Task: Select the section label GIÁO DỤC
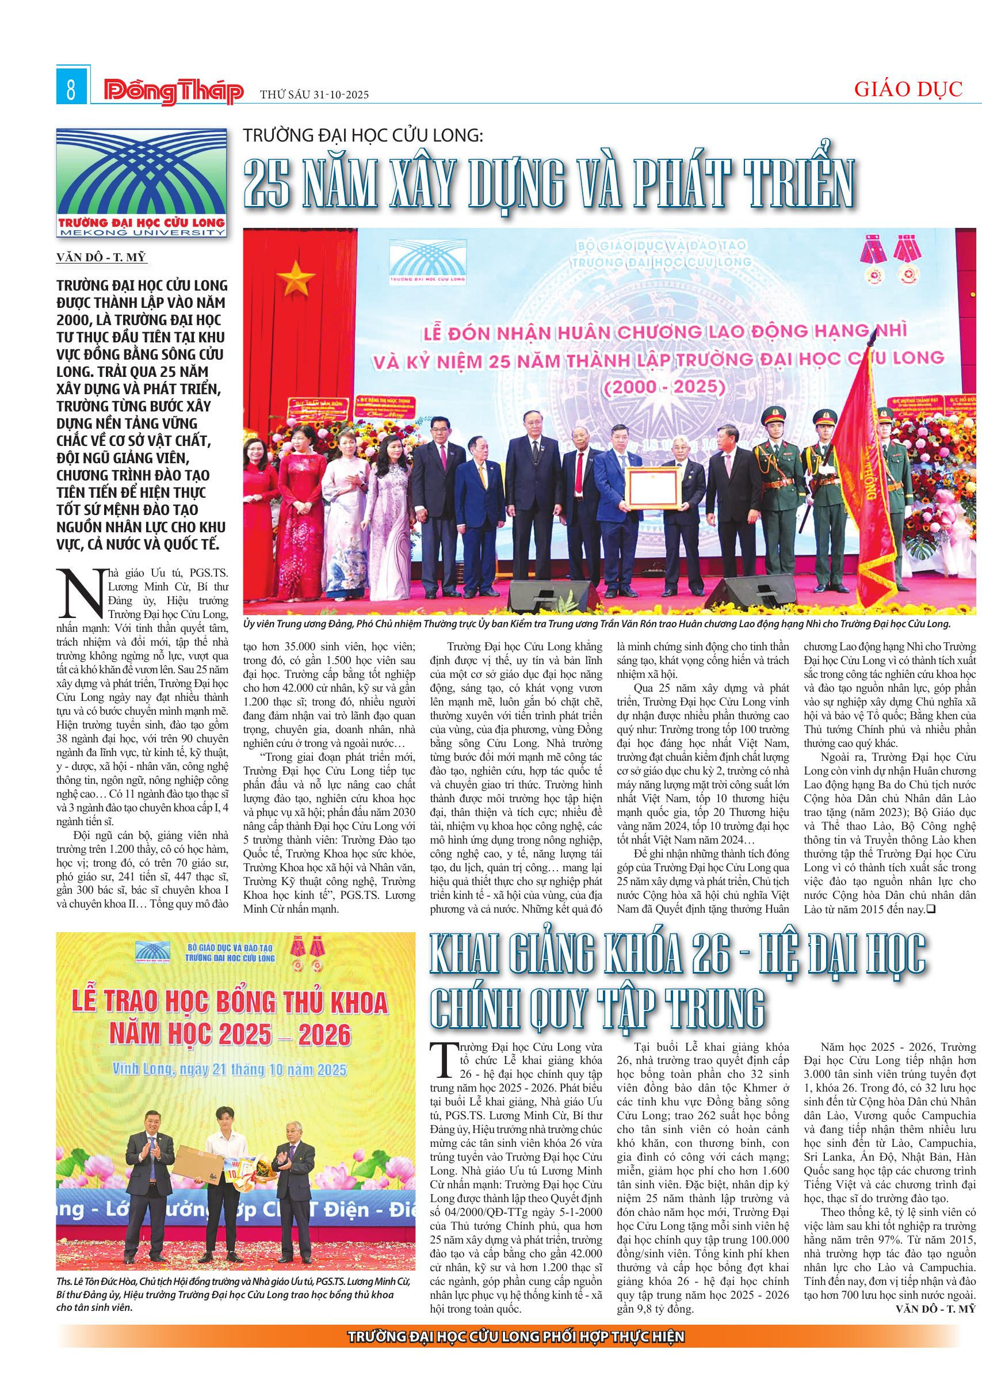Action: pos(908,90)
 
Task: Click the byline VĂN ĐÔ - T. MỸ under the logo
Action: pos(101,258)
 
